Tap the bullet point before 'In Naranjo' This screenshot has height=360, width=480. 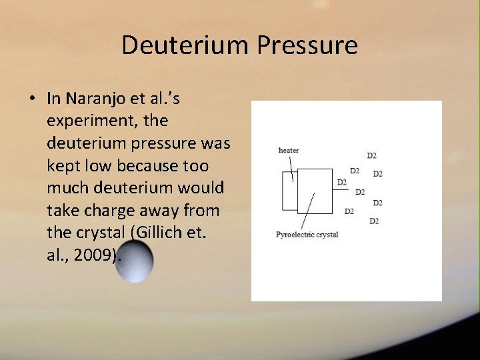[x=32, y=99]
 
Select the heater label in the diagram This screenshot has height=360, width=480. [x=288, y=150]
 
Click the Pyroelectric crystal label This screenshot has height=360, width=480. [x=307, y=235]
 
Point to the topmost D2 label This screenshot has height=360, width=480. [x=371, y=156]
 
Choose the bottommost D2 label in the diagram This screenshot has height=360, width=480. [x=374, y=221]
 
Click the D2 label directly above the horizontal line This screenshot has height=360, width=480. [x=354, y=171]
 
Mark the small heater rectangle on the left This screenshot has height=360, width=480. [x=289, y=191]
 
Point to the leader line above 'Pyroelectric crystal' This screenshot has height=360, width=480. [x=307, y=212]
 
